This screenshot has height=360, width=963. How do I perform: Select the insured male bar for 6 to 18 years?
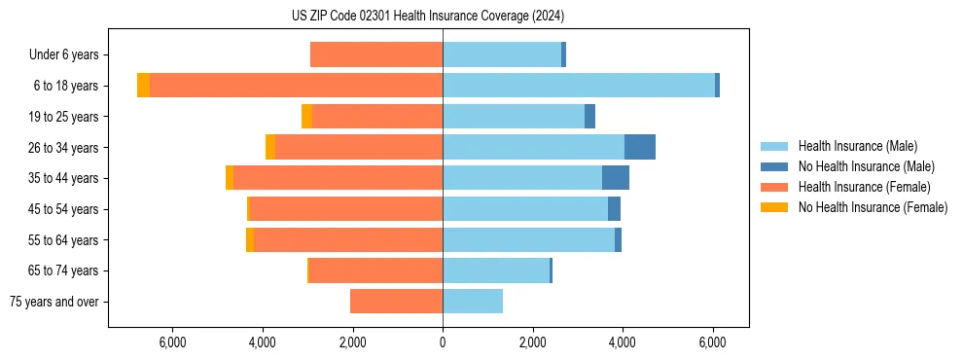click(579, 86)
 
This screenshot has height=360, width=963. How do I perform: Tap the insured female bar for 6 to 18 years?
click(296, 86)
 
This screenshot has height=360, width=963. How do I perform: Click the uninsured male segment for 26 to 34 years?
click(639, 147)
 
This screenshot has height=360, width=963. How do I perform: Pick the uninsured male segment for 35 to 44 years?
click(615, 178)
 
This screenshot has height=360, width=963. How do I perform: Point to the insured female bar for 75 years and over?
click(396, 302)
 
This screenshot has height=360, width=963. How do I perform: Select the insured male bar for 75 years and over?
click(473, 302)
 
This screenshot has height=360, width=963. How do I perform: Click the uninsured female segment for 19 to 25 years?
click(306, 117)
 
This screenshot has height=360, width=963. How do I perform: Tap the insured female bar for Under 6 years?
click(376, 55)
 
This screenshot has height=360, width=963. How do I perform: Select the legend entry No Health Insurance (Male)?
click(866, 166)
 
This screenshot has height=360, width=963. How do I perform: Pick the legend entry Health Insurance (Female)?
click(864, 187)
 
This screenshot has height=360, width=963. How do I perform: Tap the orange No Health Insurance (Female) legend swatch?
click(774, 207)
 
